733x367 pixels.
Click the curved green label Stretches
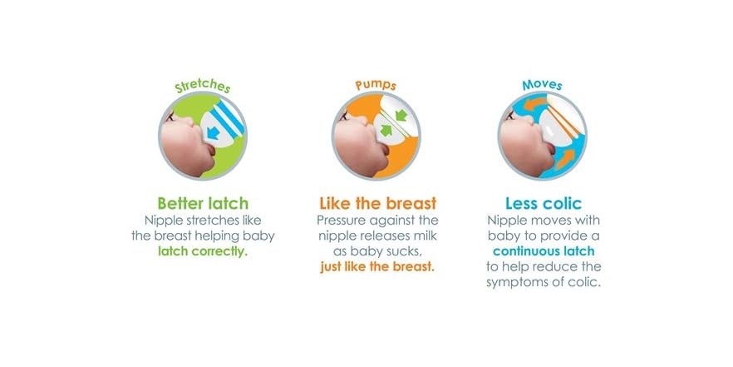click(203, 87)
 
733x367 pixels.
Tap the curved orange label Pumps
click(376, 86)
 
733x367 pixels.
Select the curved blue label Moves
click(542, 86)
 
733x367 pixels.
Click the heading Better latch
click(203, 204)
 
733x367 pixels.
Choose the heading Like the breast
click(377, 204)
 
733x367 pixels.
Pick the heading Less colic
click(543, 204)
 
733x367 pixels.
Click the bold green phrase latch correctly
click(203, 251)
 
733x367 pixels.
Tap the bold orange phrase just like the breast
click(377, 267)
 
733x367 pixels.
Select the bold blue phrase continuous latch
click(543, 251)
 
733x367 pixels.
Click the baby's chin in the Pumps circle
click(359, 156)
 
